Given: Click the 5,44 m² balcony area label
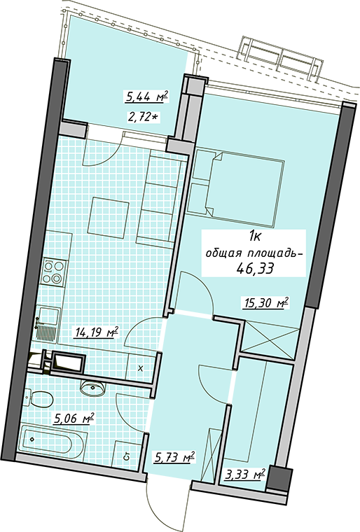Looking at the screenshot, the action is (146, 98).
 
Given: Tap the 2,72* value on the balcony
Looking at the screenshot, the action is (144, 118).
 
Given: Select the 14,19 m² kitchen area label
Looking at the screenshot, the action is (96, 332).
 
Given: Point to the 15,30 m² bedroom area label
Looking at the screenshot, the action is (266, 302).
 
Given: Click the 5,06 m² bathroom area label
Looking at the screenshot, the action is (74, 419).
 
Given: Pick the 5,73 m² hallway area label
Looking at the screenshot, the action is (174, 457).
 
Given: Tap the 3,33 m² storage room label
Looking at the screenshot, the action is (244, 474).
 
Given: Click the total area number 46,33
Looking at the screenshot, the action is (256, 269).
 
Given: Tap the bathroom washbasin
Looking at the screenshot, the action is (92, 387).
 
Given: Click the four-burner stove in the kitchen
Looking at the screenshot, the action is (53, 272).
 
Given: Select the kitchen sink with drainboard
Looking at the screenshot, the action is (48, 323).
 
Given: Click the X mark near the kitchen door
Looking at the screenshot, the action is (141, 368).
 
